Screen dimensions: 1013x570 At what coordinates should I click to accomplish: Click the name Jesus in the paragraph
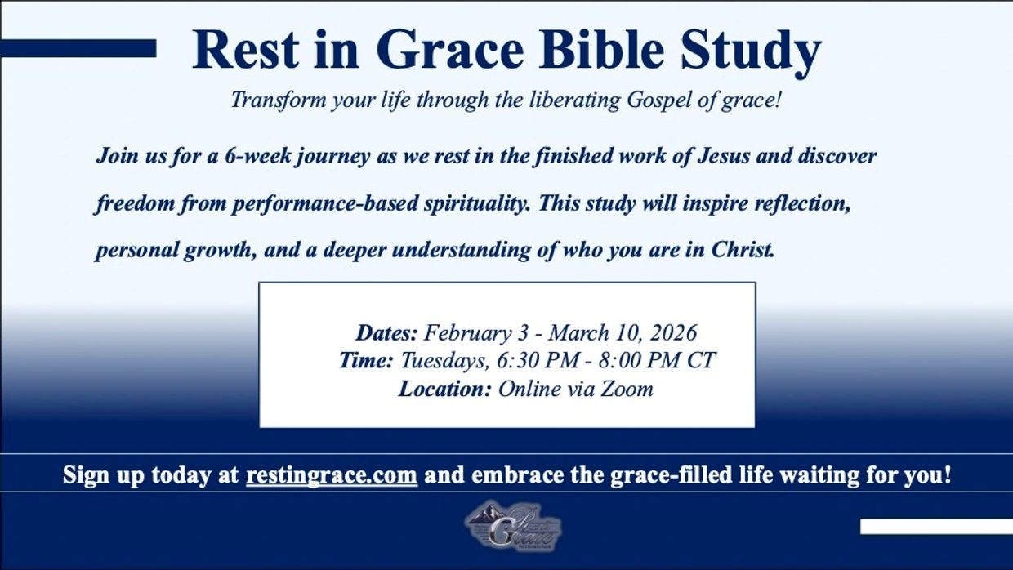point(724,156)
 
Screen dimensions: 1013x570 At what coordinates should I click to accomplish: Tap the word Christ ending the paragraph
point(743,250)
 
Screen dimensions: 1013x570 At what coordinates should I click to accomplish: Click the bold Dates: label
point(386,333)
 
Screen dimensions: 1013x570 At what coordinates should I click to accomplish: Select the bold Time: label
point(366,361)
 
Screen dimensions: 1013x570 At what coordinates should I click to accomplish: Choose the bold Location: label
point(444,390)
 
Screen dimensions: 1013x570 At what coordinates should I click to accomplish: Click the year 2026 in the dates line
point(673,333)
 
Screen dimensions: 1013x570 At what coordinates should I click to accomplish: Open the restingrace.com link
point(332,475)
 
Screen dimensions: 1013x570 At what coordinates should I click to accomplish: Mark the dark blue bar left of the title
point(78,48)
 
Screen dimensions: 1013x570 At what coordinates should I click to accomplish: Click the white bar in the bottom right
point(936,527)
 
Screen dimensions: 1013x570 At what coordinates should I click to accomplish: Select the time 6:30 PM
point(538,361)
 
